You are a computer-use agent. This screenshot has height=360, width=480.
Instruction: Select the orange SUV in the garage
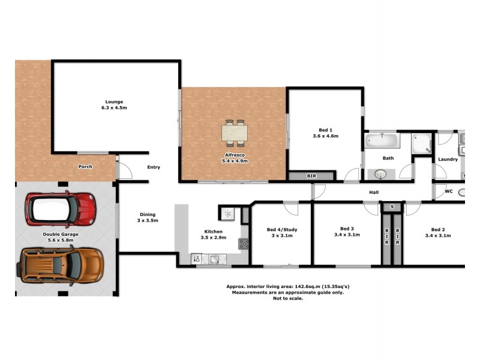tap(62, 263)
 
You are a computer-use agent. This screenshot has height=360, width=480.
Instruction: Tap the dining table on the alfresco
tap(234, 133)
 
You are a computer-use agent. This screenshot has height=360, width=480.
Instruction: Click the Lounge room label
tap(113, 101)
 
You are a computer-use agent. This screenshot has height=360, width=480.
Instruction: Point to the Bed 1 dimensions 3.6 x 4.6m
tap(326, 136)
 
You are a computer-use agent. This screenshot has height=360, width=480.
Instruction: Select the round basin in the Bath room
tap(380, 174)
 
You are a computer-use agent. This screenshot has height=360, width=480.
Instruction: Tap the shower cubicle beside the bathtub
tap(421, 143)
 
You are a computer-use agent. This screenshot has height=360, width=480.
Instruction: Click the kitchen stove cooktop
tap(244, 244)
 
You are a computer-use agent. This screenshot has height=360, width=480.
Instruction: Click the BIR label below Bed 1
tap(311, 176)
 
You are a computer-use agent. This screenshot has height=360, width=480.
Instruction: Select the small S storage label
tap(392, 207)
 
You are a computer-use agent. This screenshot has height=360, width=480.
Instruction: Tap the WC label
tap(448, 192)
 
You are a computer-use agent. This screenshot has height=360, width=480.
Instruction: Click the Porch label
tap(85, 166)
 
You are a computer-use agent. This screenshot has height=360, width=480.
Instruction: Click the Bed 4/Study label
tap(281, 229)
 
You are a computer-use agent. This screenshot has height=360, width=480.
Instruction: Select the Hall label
tap(374, 192)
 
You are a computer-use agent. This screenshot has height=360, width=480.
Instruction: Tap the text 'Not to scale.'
tap(287, 298)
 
